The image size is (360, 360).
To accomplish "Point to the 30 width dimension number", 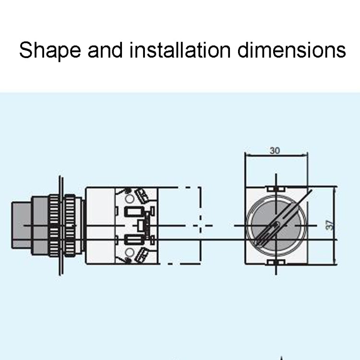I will pyautogui.click(x=275, y=150).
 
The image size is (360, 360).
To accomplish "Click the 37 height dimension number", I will pyautogui.click(x=329, y=224).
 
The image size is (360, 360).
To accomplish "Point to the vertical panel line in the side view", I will pyautogui.click(x=60, y=226).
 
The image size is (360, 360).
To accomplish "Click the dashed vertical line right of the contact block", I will pyautogui.click(x=200, y=225).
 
